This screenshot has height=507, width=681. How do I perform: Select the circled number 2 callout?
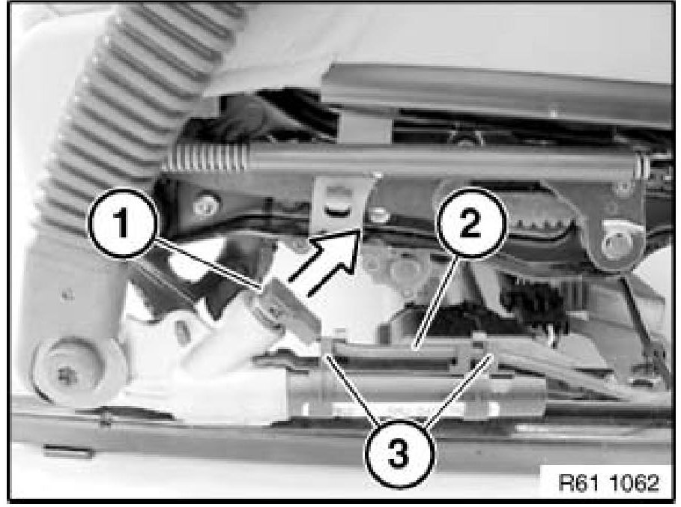click(471, 223)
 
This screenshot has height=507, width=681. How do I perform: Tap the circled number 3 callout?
click(399, 453)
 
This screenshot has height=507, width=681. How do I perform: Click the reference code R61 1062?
click(608, 482)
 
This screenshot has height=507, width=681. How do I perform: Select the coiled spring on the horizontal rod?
click(205, 157)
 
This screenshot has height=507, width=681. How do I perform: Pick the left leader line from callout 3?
click(353, 388)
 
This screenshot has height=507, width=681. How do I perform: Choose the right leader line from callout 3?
click(458, 388)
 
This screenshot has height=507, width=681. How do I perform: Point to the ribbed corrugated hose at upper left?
click(130, 100)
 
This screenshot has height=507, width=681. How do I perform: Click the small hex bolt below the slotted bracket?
click(379, 215)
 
